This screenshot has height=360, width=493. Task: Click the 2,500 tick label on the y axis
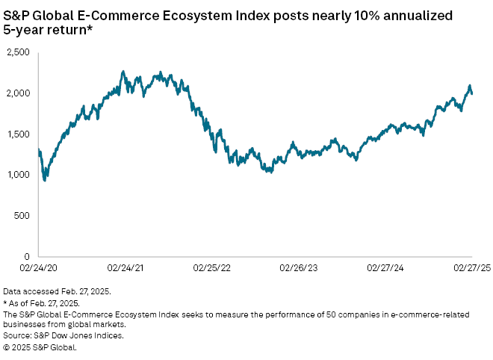pos(18,52)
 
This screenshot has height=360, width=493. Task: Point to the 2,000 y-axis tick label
pos(18,93)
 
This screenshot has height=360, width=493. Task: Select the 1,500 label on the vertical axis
pos(18,134)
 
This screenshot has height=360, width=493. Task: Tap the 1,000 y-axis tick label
pos(18,175)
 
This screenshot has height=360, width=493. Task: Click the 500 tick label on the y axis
pos(22,215)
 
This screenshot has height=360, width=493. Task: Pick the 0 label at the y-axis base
pos(27,256)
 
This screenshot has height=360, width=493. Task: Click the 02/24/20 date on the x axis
pos(38,266)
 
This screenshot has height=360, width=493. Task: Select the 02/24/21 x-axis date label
pos(125,266)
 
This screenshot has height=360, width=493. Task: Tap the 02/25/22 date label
pos(211,266)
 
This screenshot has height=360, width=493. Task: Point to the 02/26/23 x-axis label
pos(297,266)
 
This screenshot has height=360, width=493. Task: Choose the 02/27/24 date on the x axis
pos(384,266)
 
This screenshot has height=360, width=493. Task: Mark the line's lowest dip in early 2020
pos(45,180)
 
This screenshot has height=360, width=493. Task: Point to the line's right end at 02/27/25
pos(472,93)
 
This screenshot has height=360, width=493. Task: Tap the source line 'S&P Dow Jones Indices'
pos(63,336)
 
